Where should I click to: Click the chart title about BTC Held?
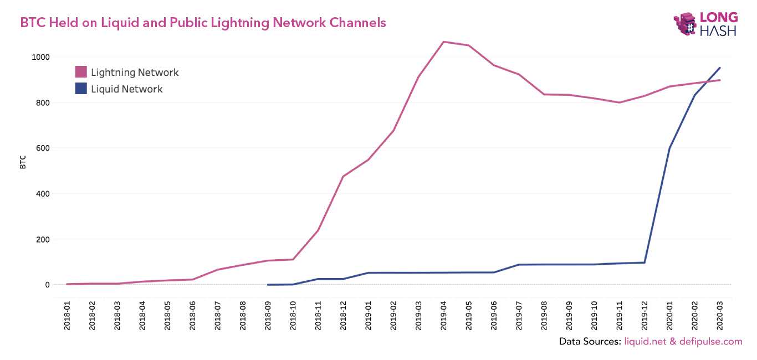[x=203, y=23]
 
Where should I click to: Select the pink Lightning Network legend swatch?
[x=81, y=72]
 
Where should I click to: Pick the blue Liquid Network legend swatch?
[x=81, y=89]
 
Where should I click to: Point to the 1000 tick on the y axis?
[x=41, y=57]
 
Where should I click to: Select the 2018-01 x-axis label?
[x=67, y=316]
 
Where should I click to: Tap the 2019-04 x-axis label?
[x=443, y=316]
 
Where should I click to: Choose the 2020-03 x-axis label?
[x=719, y=316]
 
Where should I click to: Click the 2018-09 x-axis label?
[x=268, y=316]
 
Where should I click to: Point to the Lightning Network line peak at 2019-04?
[x=443, y=42]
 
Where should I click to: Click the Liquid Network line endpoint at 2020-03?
[x=719, y=68]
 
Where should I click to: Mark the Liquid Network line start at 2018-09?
[x=268, y=285]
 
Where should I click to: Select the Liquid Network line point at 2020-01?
[x=669, y=148]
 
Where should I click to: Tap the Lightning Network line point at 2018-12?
[x=343, y=177]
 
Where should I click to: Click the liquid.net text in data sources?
[x=645, y=342]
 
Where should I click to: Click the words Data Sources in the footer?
[x=590, y=342]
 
